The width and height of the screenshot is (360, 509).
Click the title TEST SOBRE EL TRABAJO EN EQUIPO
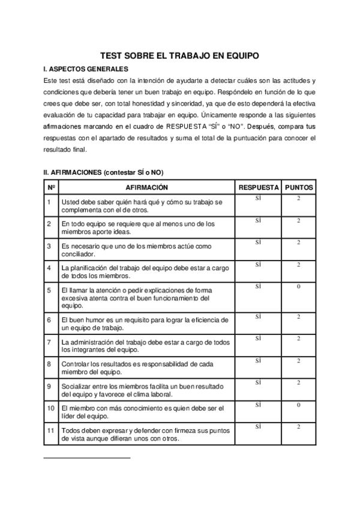point(179,55)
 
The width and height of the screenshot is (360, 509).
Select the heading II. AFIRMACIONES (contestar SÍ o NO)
point(103,172)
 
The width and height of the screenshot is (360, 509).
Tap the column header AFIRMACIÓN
point(142,187)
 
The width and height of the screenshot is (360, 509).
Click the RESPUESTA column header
point(258,187)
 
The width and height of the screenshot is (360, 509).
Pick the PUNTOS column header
point(298,187)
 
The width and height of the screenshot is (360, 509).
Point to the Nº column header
point(51,187)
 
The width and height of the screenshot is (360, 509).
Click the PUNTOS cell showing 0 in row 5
point(298,287)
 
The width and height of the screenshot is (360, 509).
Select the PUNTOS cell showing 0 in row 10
point(298,405)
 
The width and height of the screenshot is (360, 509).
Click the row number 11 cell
point(51,430)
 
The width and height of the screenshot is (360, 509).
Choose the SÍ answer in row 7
point(258,339)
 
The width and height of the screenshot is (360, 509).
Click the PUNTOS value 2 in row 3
point(298,242)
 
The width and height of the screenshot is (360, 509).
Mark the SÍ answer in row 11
point(258,427)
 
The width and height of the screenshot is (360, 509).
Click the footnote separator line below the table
point(87,458)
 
